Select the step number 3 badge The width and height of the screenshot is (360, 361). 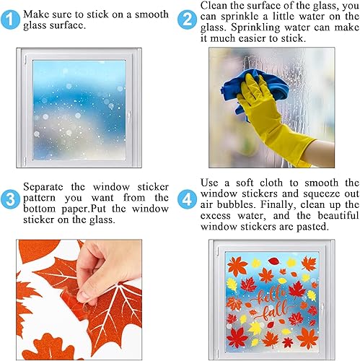[x=10, y=196]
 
